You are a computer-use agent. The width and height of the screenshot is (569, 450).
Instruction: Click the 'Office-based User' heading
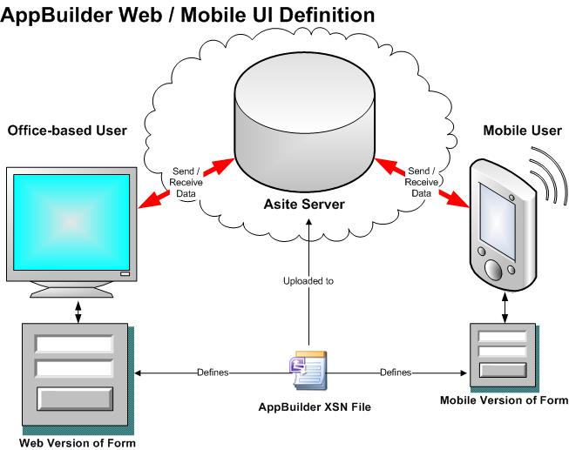67,131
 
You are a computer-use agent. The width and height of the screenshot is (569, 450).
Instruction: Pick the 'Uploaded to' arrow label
308,282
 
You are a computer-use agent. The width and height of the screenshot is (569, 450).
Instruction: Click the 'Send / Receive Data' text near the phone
421,181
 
